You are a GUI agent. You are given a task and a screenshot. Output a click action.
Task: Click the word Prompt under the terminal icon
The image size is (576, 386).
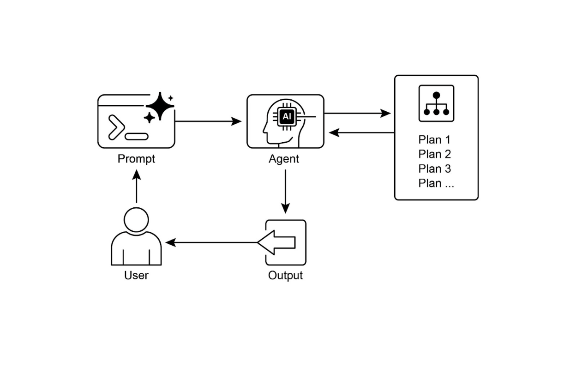click(136, 159)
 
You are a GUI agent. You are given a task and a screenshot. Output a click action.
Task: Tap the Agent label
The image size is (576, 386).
click(284, 159)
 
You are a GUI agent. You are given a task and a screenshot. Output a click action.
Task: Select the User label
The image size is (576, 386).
click(136, 276)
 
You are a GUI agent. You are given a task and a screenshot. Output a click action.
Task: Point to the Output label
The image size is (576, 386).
click(285, 276)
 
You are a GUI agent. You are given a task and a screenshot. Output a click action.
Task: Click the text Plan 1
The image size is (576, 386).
click(434, 140)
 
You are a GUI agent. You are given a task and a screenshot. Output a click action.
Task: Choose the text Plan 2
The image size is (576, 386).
click(434, 154)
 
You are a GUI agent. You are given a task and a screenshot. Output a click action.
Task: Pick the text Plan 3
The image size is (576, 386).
click(434, 169)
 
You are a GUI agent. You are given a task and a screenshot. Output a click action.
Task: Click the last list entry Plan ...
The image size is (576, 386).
click(436, 183)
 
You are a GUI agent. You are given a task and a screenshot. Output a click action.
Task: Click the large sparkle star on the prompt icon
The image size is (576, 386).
click(160, 106)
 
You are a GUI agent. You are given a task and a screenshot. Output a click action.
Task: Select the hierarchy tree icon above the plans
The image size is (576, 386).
click(436, 103)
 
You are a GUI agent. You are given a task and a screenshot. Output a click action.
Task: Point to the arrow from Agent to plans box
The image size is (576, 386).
click(357, 113)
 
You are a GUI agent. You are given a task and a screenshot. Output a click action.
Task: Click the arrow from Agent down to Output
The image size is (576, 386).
click(285, 191)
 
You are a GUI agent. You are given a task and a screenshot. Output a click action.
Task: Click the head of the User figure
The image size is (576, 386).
click(136, 220)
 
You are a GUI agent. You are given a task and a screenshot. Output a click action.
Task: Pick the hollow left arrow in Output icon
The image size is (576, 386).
click(277, 242)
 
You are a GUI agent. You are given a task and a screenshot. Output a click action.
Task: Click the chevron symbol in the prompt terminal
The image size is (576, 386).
click(115, 127)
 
